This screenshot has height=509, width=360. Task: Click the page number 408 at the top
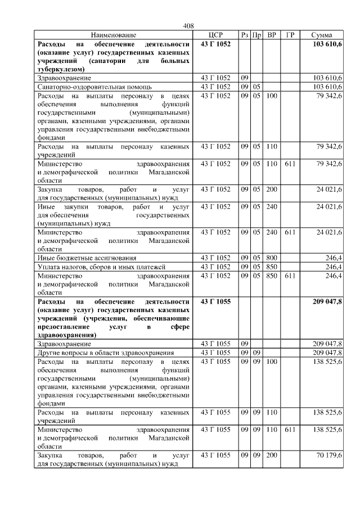point(188,26)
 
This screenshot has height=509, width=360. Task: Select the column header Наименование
point(113,35)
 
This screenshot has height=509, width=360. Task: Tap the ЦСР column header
point(216,35)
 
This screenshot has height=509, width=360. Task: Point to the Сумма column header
point(321,35)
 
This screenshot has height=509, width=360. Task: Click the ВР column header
point(272,35)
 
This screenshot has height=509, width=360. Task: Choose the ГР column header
point(290,35)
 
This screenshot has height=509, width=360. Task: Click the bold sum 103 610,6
point(327,44)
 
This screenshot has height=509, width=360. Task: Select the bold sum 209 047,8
point(327,302)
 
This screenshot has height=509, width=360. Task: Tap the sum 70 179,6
point(328,454)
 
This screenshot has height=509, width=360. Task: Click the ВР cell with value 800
point(272,258)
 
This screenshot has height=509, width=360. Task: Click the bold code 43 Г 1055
point(216,302)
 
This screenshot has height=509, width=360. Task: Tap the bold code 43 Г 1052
point(216,44)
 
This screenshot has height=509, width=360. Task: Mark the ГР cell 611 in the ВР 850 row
point(290,276)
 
